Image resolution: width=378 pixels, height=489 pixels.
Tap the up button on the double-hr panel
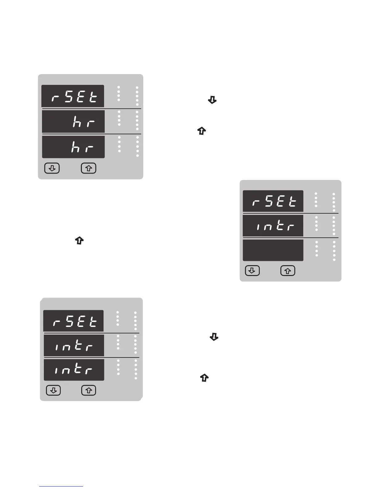pyautogui.click(x=89, y=168)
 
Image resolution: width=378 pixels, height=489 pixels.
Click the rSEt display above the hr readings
pyautogui.click(x=73, y=96)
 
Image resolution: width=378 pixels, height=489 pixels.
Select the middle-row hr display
pyautogui.click(x=73, y=121)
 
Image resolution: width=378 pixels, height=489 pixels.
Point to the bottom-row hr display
pyautogui.click(x=73, y=147)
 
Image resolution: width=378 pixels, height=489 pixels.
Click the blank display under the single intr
pyautogui.click(x=273, y=250)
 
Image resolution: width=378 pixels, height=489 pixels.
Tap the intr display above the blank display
pyautogui.click(x=273, y=226)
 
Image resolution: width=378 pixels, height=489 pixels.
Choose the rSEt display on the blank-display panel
pyautogui.click(x=273, y=201)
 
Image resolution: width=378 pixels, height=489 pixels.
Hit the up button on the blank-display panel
pyautogui.click(x=288, y=271)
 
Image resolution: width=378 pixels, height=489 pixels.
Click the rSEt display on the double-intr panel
pyautogui.click(x=73, y=321)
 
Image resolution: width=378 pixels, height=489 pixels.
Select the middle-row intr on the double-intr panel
pyautogui.click(x=74, y=345)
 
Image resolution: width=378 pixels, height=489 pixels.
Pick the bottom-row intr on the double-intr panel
pyautogui.click(x=74, y=370)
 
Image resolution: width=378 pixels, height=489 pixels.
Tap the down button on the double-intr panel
pyautogui.click(x=53, y=391)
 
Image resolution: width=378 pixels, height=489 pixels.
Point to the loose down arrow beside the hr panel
pyautogui.click(x=212, y=100)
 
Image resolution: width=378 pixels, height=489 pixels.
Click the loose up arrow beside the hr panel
pyautogui.click(x=201, y=131)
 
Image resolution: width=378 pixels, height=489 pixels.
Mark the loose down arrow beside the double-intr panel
pyautogui.click(x=214, y=337)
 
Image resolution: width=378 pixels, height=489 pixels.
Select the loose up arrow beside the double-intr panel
pyautogui.click(x=204, y=378)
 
